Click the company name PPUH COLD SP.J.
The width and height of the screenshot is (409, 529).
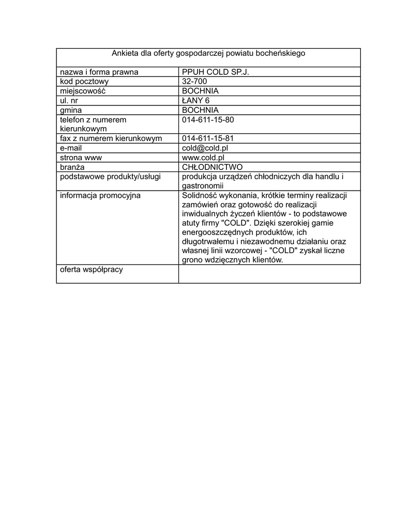(215, 72)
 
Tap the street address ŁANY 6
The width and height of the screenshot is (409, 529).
(196, 101)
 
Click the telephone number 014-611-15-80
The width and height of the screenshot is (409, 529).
(208, 120)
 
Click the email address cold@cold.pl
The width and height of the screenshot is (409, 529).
(205, 148)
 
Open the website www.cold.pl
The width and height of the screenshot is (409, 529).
(203, 158)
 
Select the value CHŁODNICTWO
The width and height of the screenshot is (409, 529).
(212, 167)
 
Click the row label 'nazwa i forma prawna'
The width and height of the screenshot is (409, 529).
(99, 72)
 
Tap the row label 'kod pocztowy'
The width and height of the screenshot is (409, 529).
(84, 82)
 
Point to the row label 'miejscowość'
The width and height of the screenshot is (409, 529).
(83, 91)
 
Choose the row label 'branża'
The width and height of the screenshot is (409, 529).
(72, 167)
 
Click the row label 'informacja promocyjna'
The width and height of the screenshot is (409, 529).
(100, 195)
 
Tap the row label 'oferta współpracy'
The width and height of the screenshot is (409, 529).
(92, 270)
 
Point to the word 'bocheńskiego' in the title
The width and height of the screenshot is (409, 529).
(282, 53)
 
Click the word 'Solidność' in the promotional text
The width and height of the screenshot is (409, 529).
(201, 195)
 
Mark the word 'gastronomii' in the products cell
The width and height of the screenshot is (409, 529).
(202, 186)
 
